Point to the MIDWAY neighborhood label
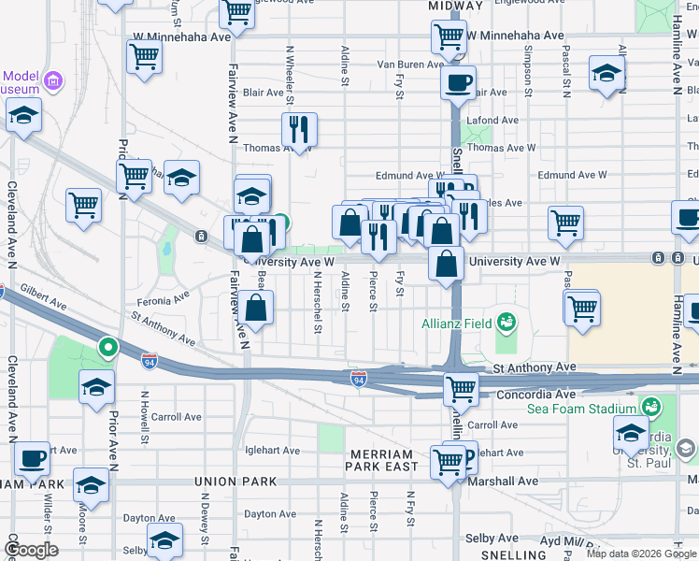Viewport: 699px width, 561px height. click(454, 6)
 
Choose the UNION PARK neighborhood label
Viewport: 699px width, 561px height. click(235, 482)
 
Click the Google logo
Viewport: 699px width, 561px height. click(31, 549)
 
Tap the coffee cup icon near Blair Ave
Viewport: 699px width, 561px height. click(458, 82)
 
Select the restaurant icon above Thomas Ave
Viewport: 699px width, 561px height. click(299, 129)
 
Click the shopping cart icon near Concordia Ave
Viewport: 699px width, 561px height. click(460, 388)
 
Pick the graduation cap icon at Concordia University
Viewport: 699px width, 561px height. click(631, 433)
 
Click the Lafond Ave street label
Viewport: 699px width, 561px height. click(492, 121)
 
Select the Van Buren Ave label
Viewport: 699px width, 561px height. click(409, 65)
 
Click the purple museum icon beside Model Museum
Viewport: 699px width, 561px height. click(53, 79)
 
